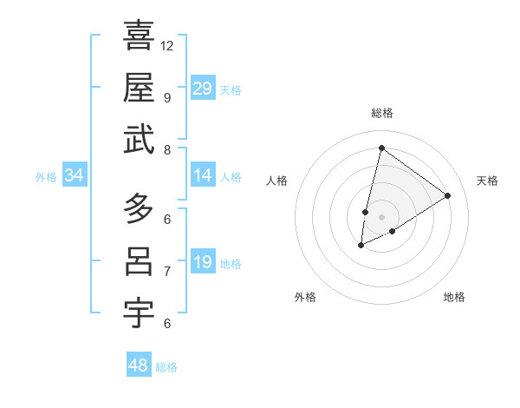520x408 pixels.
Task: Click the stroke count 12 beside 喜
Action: coord(167,45)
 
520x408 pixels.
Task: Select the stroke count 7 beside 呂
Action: coord(167,272)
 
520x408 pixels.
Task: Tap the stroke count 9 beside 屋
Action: coord(167,97)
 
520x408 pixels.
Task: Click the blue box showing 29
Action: coord(203,89)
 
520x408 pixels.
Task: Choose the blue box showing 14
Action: coord(203,175)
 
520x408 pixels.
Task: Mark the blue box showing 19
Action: coord(203,262)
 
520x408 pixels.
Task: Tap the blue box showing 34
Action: coord(75,175)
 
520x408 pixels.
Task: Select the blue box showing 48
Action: coord(139,365)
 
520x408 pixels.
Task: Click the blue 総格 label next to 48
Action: coord(166,367)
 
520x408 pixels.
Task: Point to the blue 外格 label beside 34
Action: coord(46,177)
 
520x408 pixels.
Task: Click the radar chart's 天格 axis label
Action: coord(487,181)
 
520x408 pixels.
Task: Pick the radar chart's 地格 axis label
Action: coord(454,297)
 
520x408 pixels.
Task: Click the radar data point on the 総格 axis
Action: coord(381,148)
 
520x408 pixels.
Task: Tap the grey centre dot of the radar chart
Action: coord(381,217)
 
